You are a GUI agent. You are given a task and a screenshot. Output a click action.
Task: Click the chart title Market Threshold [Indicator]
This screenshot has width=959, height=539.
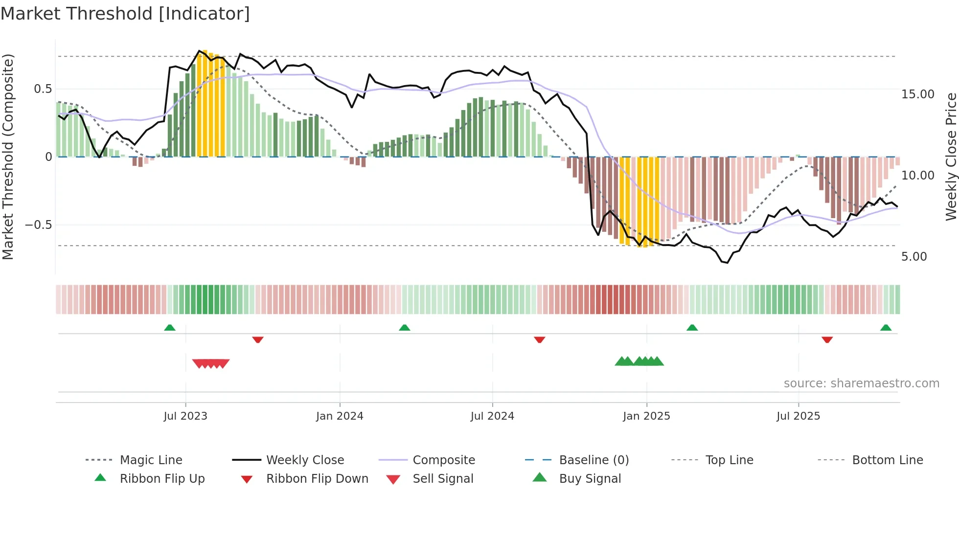(125, 14)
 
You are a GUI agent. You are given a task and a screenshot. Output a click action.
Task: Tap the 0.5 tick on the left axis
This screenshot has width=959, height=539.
(43, 89)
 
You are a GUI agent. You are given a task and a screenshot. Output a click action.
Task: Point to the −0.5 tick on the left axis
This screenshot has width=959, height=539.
(38, 225)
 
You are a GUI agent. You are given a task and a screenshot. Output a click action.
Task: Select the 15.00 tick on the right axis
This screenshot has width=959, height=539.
(917, 94)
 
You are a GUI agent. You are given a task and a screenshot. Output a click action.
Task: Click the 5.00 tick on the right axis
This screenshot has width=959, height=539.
(914, 257)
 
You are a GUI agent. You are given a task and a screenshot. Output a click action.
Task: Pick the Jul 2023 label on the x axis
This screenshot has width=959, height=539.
(185, 416)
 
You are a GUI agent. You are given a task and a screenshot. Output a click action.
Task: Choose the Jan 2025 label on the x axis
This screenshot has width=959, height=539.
(646, 416)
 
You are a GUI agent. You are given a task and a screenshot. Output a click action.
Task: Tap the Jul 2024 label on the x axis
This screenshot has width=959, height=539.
(492, 416)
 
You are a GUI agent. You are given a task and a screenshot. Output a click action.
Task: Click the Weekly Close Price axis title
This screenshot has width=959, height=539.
(951, 157)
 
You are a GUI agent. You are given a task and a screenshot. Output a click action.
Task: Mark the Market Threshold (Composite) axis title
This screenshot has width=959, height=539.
(8, 157)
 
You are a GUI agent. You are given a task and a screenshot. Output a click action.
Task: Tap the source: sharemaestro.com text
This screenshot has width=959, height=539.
(861, 383)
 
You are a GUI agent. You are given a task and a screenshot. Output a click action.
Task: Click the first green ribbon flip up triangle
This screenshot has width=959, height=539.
(170, 328)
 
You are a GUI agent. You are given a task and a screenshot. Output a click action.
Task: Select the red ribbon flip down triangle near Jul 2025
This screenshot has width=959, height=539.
(827, 339)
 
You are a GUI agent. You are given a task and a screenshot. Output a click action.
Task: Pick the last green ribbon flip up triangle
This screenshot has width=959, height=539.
(886, 328)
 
